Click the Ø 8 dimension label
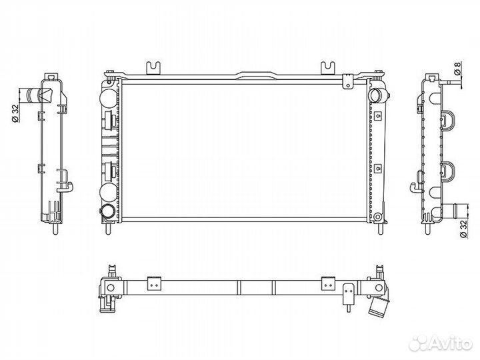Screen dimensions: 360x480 (x=457, y=69)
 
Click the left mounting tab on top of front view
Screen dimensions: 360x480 (x=155, y=67)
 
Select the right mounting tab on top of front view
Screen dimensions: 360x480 (x=327, y=67)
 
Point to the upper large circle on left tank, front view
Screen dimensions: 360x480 (x=107, y=96)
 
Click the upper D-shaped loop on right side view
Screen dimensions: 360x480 (x=447, y=121)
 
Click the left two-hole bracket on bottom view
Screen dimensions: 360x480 (x=155, y=283)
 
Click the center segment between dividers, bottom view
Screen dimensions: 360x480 (x=256, y=287)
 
